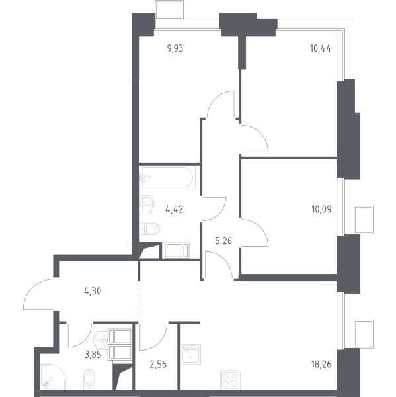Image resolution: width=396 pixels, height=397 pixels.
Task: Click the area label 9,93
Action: point(175,48)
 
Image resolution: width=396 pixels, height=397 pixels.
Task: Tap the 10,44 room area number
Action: point(321,48)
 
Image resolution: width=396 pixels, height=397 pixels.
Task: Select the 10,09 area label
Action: point(321,209)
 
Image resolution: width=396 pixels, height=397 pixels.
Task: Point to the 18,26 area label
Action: point(321,365)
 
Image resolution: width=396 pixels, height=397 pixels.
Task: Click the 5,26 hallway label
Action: point(223,241)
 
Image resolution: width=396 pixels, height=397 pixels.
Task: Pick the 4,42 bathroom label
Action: point(175,209)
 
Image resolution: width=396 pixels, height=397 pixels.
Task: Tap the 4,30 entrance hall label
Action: point(93,291)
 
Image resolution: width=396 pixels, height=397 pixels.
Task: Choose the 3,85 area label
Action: point(93,355)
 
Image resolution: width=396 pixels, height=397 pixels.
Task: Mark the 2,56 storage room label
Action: point(158,365)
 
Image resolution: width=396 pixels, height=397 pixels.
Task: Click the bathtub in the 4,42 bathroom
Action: point(167,177)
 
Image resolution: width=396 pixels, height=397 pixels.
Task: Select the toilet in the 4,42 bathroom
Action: point(150,229)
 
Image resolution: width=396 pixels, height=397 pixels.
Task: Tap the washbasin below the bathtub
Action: point(147,204)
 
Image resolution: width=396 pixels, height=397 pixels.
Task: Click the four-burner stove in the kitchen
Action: point(230,380)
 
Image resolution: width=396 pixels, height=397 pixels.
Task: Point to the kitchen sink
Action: point(191,354)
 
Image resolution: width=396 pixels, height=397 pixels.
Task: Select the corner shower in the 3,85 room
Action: point(53,376)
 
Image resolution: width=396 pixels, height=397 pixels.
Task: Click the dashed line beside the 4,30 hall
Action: point(138,301)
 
